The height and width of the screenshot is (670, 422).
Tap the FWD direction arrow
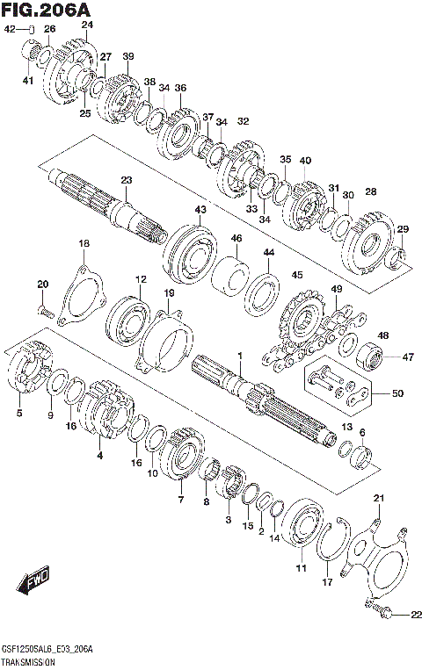tap(33, 580)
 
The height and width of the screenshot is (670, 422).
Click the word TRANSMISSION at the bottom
tap(28, 663)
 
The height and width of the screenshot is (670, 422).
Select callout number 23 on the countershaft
tap(127, 180)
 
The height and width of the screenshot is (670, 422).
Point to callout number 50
tap(397, 393)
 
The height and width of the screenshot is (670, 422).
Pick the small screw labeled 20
tap(45, 313)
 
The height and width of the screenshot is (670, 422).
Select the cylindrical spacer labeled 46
tap(230, 276)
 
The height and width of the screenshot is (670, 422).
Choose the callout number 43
tap(200, 209)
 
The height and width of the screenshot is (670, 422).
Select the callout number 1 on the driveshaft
tap(240, 356)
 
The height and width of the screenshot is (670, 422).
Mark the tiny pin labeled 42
tap(32, 30)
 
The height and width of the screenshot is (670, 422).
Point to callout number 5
tap(19, 414)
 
